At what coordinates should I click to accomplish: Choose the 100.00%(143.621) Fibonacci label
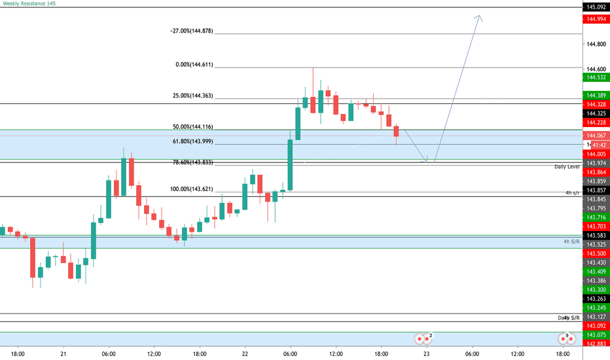pyautogui.click(x=191, y=189)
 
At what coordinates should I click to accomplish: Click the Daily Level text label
pyautogui.click(x=567, y=167)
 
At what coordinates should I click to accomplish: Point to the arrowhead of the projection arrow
pyautogui.click(x=481, y=17)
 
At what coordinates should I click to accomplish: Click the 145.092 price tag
pyautogui.click(x=595, y=7)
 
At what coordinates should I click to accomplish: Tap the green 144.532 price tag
pyautogui.click(x=595, y=77)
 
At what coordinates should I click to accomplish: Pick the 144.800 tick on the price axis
pyautogui.click(x=596, y=44)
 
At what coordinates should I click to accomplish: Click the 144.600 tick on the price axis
pyautogui.click(x=596, y=69)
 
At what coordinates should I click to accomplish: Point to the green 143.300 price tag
pyautogui.click(x=595, y=289)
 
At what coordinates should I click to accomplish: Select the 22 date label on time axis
pyautogui.click(x=245, y=354)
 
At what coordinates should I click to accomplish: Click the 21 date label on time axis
pyautogui.click(x=63, y=354)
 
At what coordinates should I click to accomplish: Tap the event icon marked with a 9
pyautogui.click(x=566, y=338)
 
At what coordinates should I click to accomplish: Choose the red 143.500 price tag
pyautogui.click(x=595, y=253)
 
